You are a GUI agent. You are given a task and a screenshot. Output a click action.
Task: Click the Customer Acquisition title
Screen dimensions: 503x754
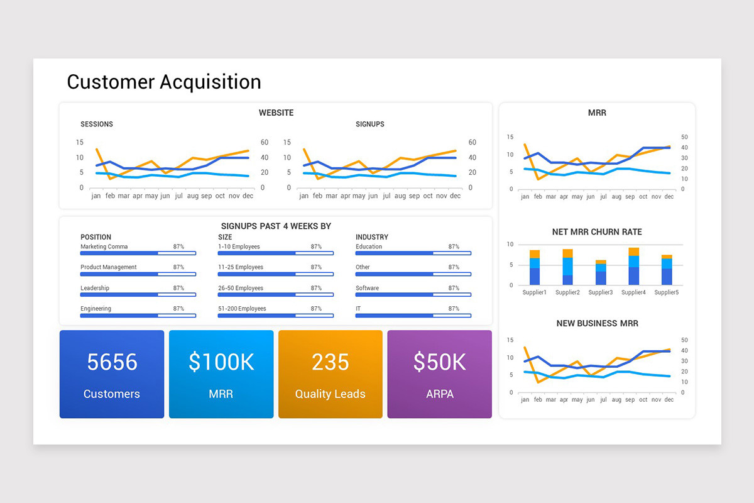click(163, 82)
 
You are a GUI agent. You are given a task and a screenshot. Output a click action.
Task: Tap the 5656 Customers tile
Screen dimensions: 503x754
click(112, 374)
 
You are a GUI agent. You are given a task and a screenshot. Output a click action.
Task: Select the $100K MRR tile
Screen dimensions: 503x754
click(221, 374)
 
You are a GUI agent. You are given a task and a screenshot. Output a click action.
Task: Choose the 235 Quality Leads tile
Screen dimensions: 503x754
click(330, 374)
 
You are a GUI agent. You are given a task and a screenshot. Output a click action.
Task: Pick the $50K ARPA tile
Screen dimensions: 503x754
click(439, 374)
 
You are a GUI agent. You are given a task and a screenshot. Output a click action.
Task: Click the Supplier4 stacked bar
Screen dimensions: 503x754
click(633, 267)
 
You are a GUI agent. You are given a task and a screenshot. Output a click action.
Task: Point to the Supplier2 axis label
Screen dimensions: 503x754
click(567, 292)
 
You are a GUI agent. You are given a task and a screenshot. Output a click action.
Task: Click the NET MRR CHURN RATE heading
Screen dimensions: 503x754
click(597, 232)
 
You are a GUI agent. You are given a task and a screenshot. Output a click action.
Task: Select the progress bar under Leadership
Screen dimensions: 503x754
click(138, 295)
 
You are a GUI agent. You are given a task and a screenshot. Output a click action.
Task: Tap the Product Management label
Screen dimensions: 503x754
click(109, 267)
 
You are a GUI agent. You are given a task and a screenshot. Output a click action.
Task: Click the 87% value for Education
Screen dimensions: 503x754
click(454, 247)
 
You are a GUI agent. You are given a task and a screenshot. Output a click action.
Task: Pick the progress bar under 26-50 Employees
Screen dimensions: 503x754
click(275, 295)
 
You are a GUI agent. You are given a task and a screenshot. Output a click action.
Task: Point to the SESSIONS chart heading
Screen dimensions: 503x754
click(97, 124)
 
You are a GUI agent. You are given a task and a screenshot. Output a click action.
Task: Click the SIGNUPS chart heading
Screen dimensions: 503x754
click(370, 124)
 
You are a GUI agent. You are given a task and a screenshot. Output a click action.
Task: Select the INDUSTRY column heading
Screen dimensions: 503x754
click(372, 237)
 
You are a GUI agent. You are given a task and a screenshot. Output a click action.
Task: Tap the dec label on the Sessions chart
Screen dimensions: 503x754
click(248, 196)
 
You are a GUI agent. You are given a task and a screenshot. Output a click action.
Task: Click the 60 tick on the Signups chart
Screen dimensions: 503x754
click(472, 143)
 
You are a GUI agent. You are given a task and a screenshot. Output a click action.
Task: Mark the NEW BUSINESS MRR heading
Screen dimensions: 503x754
click(597, 324)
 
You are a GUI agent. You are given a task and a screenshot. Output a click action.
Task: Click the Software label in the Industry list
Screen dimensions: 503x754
click(367, 288)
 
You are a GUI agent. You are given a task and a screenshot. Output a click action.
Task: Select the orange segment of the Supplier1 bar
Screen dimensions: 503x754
click(535, 254)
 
